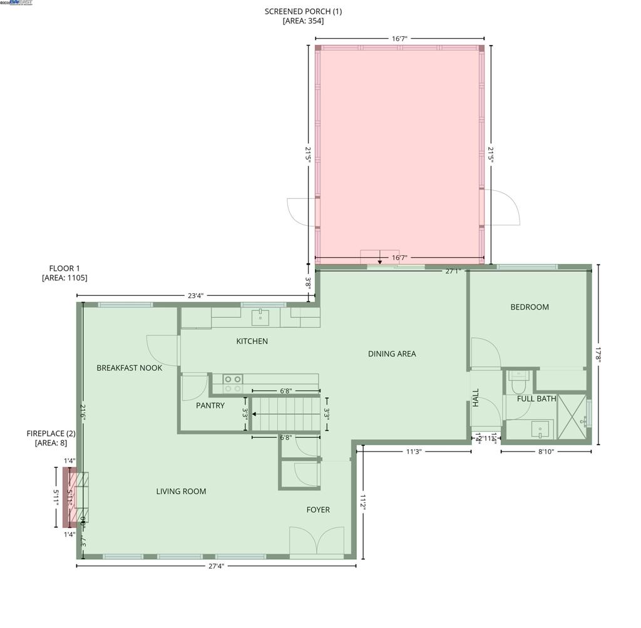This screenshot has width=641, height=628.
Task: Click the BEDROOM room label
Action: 530,307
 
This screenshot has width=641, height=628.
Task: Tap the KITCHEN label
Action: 252,342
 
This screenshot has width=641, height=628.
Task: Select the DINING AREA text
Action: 392,354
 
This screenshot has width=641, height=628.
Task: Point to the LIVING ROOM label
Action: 181,492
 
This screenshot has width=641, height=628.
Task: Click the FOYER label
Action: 318,510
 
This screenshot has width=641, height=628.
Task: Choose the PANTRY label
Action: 210,406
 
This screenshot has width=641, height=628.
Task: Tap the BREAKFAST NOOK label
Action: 129,368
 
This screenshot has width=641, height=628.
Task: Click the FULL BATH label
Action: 536,398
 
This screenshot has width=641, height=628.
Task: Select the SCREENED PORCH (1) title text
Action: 303,11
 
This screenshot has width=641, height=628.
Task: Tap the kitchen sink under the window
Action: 261,318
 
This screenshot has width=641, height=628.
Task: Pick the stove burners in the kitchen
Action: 233,383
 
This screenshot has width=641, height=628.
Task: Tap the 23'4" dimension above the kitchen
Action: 195,296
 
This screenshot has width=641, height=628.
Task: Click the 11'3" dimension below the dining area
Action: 413,451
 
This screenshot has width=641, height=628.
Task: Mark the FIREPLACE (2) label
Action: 51,433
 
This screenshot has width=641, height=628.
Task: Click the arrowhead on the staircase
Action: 255,414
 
